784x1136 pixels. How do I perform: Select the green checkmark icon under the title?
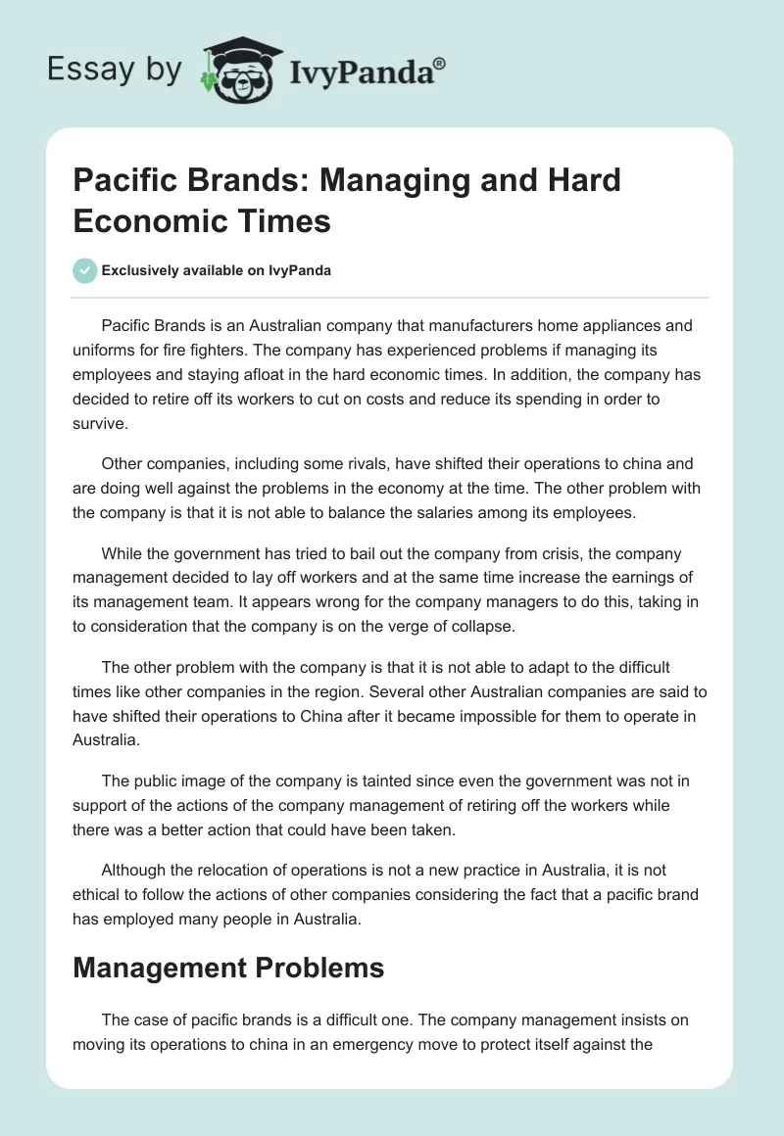point(85,270)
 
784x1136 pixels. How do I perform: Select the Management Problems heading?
point(228,968)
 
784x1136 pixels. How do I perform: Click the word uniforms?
point(106,349)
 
